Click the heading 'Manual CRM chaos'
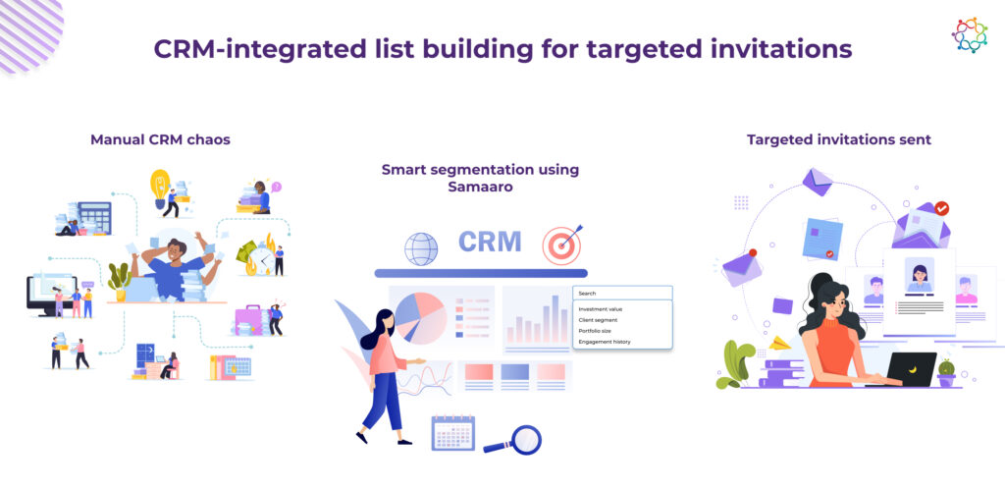pyautogui.click(x=160, y=139)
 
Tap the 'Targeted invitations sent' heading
pyautogui.click(x=839, y=139)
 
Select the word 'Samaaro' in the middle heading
pyautogui.click(x=480, y=188)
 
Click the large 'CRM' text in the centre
pyautogui.click(x=491, y=242)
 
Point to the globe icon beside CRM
pyautogui.click(x=421, y=248)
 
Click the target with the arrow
pyautogui.click(x=561, y=244)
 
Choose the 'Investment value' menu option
pyautogui.click(x=600, y=309)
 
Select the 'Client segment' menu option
pyautogui.click(x=598, y=320)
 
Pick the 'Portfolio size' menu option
pyautogui.click(x=596, y=331)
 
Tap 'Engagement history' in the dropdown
pyautogui.click(x=605, y=342)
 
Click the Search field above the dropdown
pyautogui.click(x=622, y=293)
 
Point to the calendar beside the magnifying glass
pyautogui.click(x=453, y=433)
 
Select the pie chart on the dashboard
pyautogui.click(x=420, y=317)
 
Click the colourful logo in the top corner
pyautogui.click(x=969, y=34)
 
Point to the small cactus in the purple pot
pyautogui.click(x=946, y=373)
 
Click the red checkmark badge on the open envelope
pyautogui.click(x=941, y=207)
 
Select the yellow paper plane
pyautogui.click(x=780, y=343)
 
